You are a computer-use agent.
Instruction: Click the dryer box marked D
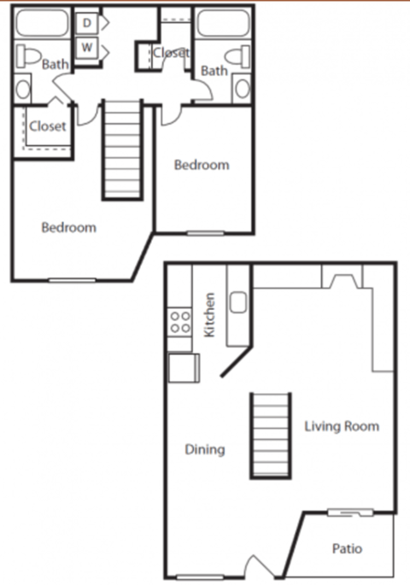(87, 23)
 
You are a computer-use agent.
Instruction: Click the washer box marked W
(87, 48)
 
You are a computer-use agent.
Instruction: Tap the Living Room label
(342, 426)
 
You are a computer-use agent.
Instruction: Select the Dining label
(205, 449)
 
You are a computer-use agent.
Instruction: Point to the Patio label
(347, 548)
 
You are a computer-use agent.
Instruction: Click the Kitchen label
(210, 315)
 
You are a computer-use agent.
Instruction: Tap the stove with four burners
(179, 322)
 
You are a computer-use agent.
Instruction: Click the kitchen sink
(238, 302)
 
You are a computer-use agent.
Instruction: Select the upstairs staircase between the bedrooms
(122, 149)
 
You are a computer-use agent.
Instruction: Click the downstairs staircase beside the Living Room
(270, 435)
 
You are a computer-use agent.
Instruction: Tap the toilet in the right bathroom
(243, 56)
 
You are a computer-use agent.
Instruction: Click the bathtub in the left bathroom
(41, 23)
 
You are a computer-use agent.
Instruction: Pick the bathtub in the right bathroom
(224, 23)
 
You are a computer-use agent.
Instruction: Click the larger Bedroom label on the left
(69, 228)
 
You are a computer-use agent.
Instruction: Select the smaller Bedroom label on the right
(202, 165)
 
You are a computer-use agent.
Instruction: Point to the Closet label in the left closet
(48, 126)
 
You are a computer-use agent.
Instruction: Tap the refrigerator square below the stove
(182, 367)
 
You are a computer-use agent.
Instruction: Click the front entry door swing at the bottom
(256, 567)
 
